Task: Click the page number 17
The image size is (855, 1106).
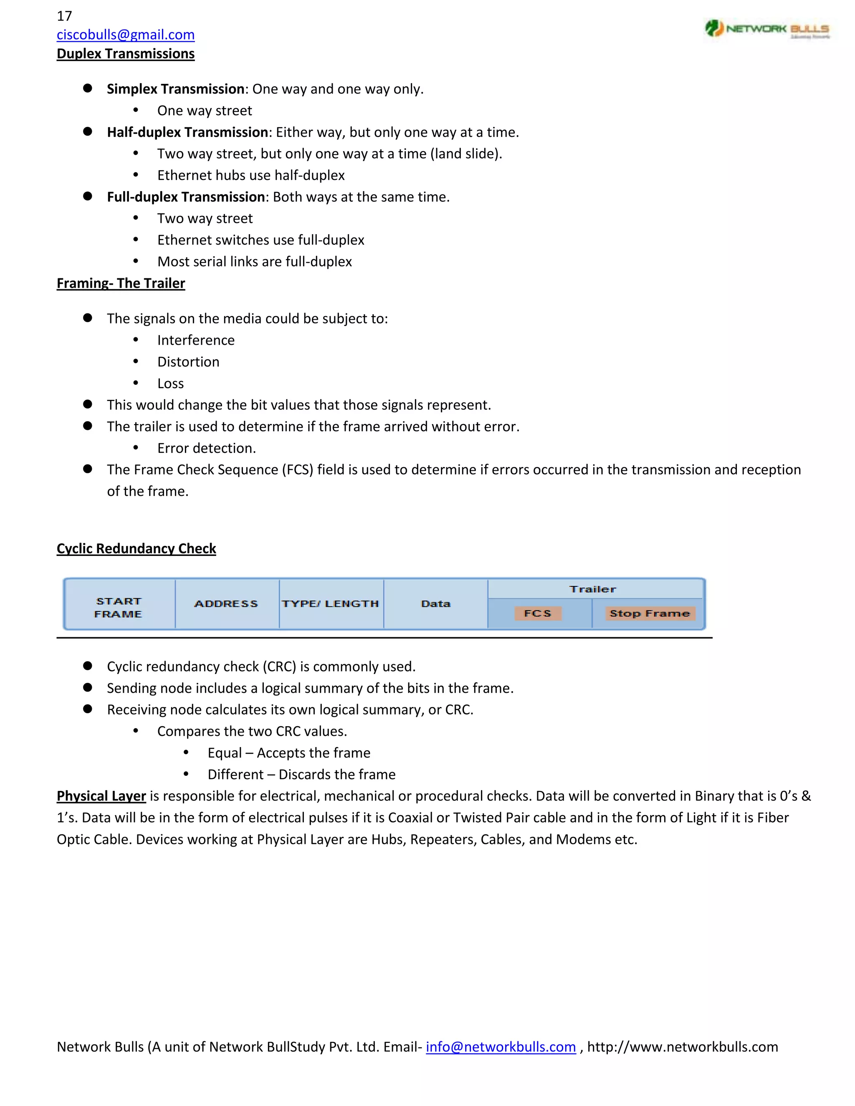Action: click(64, 16)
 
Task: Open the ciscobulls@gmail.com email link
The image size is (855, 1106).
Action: click(126, 35)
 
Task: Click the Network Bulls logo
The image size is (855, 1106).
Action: click(766, 29)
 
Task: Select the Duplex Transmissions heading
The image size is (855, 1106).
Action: click(126, 54)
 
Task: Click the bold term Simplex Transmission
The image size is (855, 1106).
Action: click(176, 89)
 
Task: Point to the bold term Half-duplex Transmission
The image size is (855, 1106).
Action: click(187, 132)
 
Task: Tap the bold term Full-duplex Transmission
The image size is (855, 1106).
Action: click(186, 197)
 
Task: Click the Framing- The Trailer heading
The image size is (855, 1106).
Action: click(121, 283)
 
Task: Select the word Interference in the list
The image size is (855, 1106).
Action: click(196, 340)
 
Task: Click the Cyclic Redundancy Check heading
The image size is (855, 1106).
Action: click(136, 548)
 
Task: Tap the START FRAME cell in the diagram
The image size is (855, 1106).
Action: click(119, 607)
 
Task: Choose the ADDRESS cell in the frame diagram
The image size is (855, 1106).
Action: click(226, 604)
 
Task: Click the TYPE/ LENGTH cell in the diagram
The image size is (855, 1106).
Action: click(330, 604)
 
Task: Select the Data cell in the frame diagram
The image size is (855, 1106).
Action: click(435, 604)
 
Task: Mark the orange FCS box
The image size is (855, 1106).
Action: click(537, 613)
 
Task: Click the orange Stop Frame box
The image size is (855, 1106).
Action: click(649, 613)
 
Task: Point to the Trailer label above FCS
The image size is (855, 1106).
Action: click(593, 589)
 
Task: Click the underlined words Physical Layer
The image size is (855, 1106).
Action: click(101, 796)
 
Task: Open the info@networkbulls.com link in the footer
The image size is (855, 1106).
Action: click(501, 1047)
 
